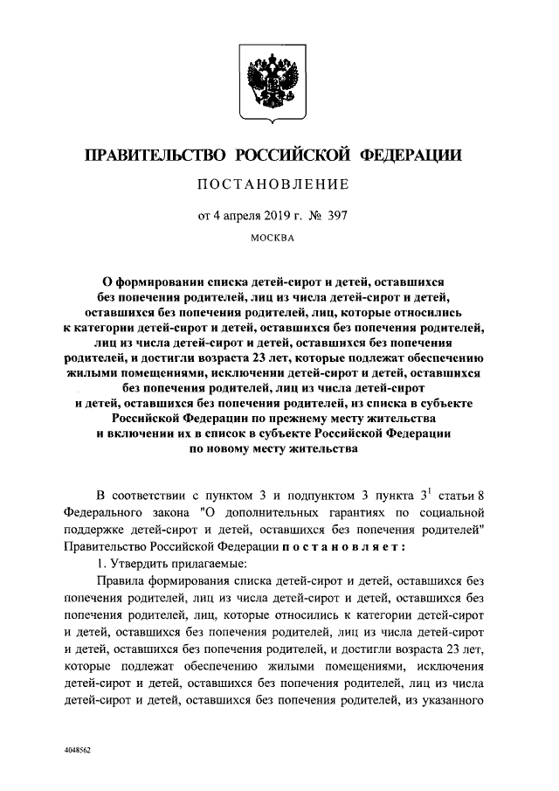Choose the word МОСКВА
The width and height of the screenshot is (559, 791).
pyautogui.click(x=273, y=236)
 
